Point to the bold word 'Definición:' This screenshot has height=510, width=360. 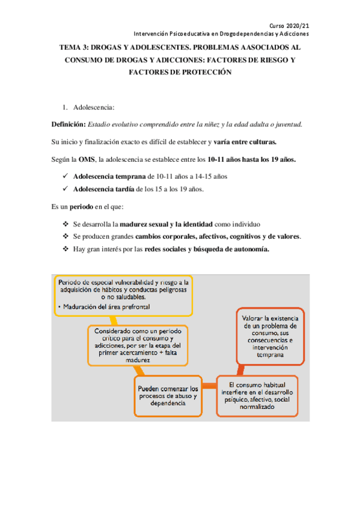point(69,124)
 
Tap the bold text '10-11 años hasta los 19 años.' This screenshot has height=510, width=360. point(251,159)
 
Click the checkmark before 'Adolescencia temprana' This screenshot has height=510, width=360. point(65,177)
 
